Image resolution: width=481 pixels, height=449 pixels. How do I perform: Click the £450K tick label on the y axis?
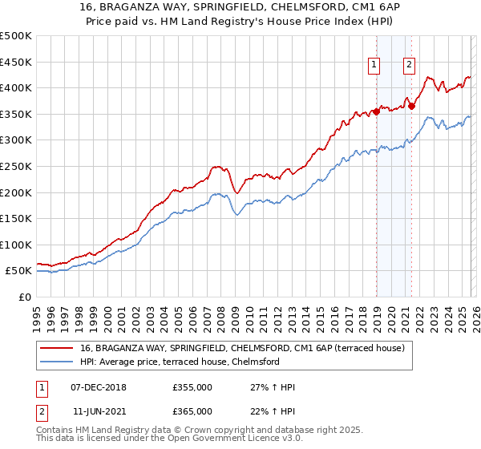[16, 62]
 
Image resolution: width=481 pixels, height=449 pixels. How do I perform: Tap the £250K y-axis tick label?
[16, 166]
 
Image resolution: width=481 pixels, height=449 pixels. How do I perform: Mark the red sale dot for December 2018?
[376, 112]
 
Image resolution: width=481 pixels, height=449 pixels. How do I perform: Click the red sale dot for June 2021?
[411, 105]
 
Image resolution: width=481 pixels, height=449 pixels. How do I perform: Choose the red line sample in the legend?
[57, 349]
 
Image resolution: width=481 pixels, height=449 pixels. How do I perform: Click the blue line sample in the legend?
[57, 362]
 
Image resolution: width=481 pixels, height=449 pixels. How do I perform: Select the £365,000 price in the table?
[192, 411]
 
